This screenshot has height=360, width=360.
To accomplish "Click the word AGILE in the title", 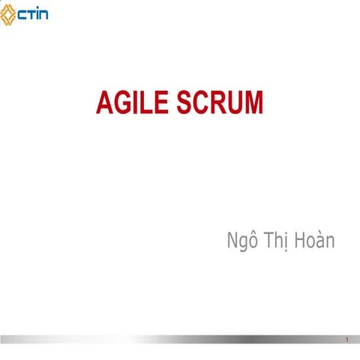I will [133, 102].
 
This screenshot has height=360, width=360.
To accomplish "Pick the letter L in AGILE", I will [148, 102].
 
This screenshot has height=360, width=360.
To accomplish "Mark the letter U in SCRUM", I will [235, 102].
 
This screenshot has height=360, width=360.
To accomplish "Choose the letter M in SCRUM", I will [254, 102].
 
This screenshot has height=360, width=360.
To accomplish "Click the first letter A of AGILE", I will [104, 102].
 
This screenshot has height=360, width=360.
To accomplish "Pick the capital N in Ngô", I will [231, 241].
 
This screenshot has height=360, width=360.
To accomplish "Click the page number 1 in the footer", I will [347, 341].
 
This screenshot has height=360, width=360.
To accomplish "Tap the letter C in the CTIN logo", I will [24, 13].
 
